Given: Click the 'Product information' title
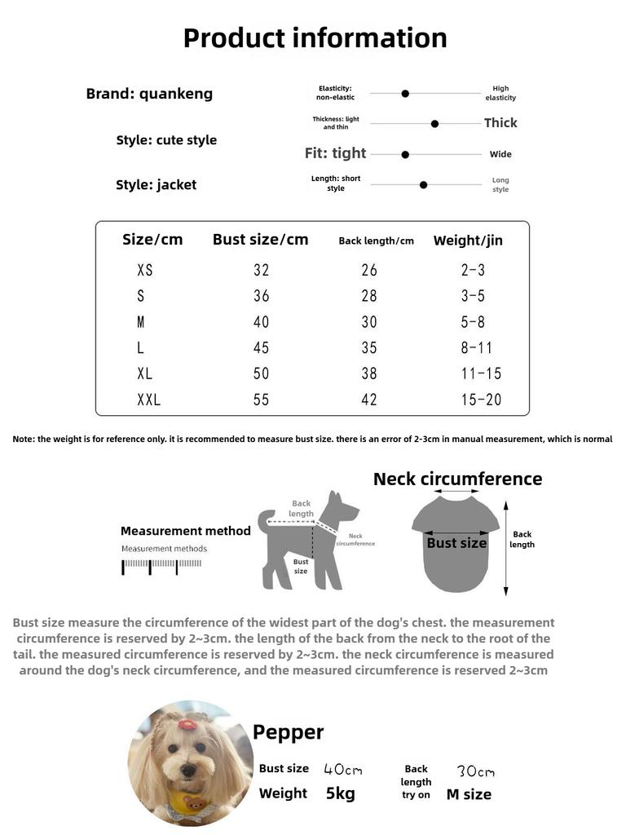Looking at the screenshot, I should coord(315,38).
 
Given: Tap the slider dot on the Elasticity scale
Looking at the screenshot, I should coord(405,94).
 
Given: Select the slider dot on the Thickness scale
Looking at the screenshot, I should coord(434,124).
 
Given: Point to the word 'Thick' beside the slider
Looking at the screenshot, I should coord(500,123).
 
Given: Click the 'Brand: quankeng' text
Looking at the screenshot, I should coord(149,94).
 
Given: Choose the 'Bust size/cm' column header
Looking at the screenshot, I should coord(260,240).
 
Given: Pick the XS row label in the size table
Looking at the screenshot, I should coord(145,271).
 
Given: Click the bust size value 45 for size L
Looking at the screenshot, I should coord(261,348).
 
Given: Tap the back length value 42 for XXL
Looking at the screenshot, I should coord(369,400).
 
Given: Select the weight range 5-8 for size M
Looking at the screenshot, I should coord(472,322).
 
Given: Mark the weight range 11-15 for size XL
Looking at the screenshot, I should coord(481,374).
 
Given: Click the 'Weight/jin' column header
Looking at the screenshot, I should coord(468,241).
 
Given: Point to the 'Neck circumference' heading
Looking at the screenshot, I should coord(457,479).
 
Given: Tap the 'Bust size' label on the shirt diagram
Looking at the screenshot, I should coord(456,543).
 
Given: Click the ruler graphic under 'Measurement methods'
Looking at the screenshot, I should coord(161,565).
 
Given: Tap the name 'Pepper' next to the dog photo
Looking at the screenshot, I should coord(288,732).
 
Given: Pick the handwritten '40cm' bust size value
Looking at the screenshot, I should coord(342,769).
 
